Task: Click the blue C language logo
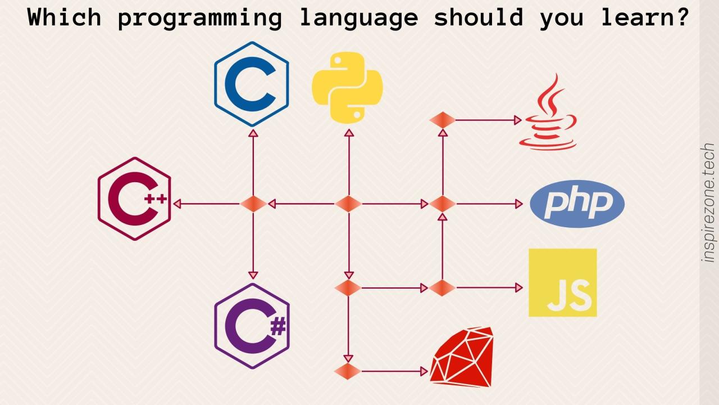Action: click(251, 84)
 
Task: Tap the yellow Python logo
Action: click(347, 87)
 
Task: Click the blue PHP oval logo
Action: click(577, 204)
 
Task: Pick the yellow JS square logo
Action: click(562, 283)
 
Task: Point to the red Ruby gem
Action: click(462, 357)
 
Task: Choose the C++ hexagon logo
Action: click(134, 199)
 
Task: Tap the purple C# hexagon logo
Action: click(252, 326)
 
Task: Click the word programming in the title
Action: click(199, 18)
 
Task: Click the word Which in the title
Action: click(64, 18)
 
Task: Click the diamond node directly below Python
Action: click(348, 204)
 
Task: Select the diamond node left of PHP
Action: click(443, 204)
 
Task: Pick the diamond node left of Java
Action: click(443, 120)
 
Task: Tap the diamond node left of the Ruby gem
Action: click(348, 371)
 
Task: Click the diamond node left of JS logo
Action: click(443, 287)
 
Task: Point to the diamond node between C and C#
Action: click(253, 204)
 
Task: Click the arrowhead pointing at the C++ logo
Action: click(177, 204)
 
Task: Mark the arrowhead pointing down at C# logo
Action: click(253, 275)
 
